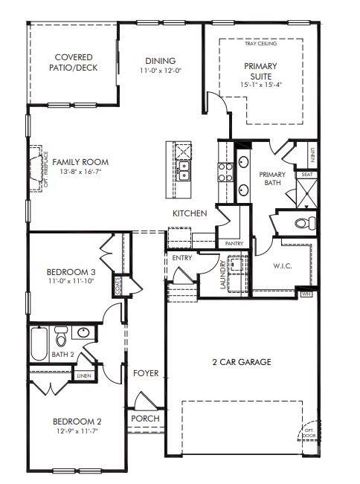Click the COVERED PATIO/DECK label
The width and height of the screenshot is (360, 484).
[73, 62]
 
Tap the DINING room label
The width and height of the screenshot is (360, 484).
[161, 61]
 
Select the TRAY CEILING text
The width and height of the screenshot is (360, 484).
[260, 44]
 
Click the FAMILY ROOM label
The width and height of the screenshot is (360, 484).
[80, 162]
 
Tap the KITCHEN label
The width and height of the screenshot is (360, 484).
[190, 213]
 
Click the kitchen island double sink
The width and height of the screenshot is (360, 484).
[182, 175]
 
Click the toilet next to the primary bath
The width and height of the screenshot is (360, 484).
[303, 223]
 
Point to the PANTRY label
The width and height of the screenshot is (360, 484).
[230, 243]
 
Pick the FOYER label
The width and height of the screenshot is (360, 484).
[146, 373]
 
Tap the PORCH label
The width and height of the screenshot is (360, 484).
[145, 419]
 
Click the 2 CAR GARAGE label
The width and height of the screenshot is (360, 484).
[241, 362]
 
